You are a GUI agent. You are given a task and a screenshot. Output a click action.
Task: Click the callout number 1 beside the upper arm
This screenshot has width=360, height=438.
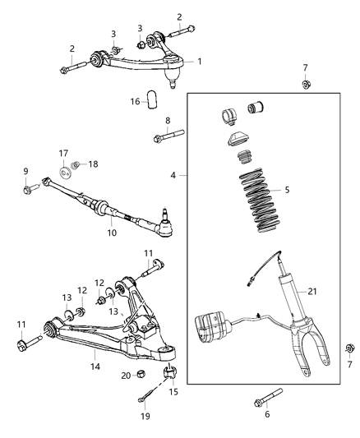coord(198,61)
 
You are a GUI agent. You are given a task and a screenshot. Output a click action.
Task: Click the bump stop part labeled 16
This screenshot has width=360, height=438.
coord(152,101)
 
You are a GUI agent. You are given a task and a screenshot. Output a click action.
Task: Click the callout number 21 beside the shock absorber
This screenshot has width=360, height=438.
coord(312,291)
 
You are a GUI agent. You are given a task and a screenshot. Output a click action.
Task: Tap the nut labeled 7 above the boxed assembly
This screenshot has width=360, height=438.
coord(305,85)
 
